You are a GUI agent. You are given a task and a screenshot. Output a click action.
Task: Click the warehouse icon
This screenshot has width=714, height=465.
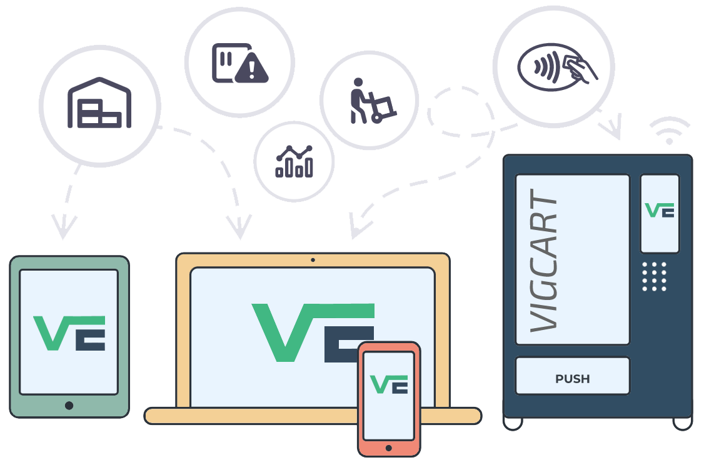click(99, 103)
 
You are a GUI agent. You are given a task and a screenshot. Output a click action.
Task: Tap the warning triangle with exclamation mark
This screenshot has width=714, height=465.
click(251, 67)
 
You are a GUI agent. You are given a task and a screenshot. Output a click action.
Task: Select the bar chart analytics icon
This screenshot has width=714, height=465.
click(294, 161)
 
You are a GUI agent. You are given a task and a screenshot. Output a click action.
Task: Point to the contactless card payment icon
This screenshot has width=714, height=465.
click(557, 67)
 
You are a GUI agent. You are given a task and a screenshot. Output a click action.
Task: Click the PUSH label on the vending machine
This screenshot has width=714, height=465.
click(572, 379)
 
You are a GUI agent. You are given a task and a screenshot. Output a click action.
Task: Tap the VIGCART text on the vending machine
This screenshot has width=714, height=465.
click(544, 260)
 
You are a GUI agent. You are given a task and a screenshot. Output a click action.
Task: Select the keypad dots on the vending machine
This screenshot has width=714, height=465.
click(654, 276)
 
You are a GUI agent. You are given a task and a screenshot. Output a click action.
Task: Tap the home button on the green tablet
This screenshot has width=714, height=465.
click(69, 406)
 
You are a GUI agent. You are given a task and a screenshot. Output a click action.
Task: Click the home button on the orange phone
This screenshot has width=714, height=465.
click(388, 448)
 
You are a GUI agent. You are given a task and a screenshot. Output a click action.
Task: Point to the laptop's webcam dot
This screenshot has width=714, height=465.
click(313, 260)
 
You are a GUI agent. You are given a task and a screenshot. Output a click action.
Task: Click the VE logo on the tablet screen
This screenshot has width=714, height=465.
click(69, 333)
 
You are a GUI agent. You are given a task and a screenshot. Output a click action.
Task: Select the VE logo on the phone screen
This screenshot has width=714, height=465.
click(389, 384)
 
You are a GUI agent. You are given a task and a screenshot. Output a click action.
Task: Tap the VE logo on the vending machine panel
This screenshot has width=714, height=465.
click(660, 210)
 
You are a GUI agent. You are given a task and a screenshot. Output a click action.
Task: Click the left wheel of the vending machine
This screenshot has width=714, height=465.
click(513, 423)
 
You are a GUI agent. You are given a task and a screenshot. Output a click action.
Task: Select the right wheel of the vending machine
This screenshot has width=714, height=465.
click(683, 423)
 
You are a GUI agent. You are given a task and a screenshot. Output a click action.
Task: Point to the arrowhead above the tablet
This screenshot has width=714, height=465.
click(63, 226)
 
